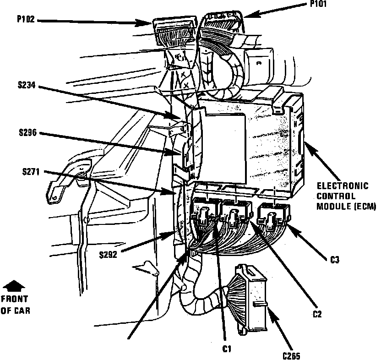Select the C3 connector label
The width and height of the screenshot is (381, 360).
coord(335,260)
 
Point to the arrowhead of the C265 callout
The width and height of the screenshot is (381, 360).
coord(270,310)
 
